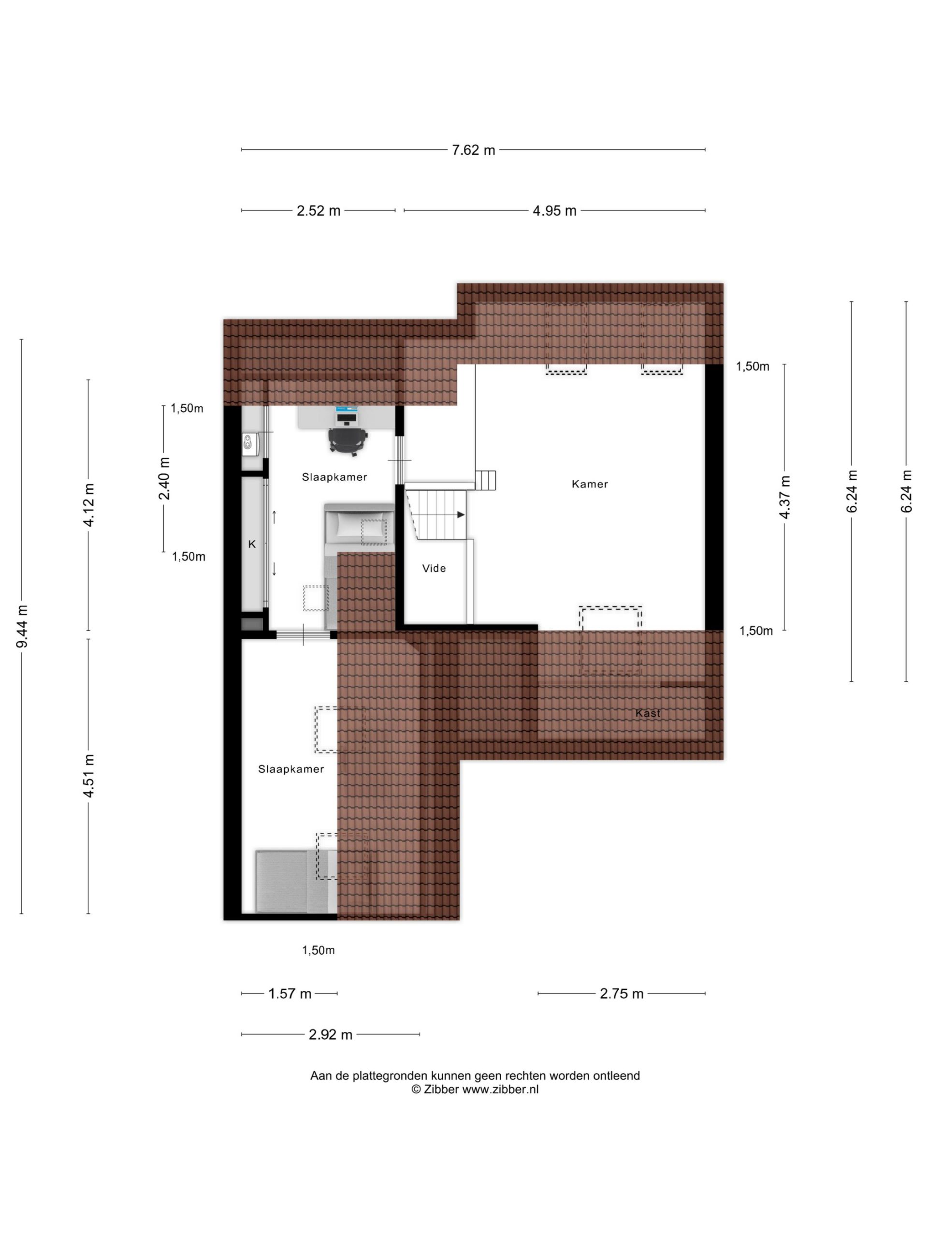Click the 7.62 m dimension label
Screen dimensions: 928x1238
click(x=473, y=150)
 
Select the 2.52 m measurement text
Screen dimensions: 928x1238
click(x=319, y=211)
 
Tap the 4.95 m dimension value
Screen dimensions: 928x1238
click(x=554, y=211)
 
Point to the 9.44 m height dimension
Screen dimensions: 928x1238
click(x=22, y=626)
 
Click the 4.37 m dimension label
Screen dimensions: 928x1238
click(x=785, y=497)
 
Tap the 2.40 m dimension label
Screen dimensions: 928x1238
click(x=164, y=479)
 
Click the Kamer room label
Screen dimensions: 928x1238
click(x=590, y=484)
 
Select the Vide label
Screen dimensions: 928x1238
click(x=434, y=568)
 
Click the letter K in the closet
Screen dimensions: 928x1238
click(x=252, y=544)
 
